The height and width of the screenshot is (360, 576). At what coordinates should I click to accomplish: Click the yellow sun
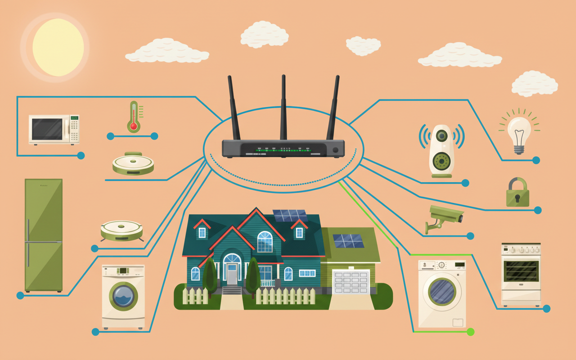58,47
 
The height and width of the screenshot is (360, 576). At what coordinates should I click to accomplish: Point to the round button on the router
335,150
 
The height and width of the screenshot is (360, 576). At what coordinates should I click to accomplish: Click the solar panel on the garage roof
348,241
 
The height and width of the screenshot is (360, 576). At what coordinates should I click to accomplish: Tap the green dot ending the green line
471,332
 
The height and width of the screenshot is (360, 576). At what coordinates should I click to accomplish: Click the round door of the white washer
441,292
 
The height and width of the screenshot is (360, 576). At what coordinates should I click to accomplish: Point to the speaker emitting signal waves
441,151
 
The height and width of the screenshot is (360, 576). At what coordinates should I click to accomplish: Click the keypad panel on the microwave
74,129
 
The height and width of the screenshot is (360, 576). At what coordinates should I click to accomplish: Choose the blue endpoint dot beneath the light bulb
536,160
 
